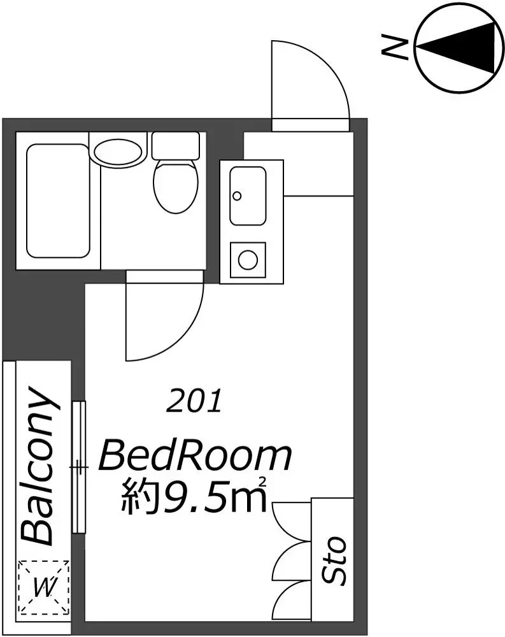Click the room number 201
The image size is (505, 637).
pos(194,401)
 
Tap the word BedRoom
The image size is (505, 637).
pos(196,457)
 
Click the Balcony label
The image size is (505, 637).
pos(38,466)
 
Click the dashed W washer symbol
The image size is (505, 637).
pos(44,587)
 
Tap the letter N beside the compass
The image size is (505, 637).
pos(394,47)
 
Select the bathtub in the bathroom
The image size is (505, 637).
pos(58,201)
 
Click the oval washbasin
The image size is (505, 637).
pos(118,152)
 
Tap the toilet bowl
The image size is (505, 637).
pos(176,185)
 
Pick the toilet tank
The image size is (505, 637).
pos(176,145)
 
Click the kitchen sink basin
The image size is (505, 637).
pos(248,196)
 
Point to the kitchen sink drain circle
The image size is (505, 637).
pos(238,196)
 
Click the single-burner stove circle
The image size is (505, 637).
pos(248,259)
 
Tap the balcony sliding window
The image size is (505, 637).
pos(79,467)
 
